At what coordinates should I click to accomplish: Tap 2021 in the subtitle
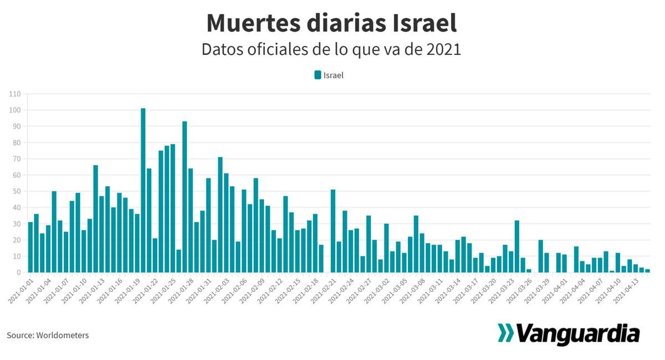(444, 49)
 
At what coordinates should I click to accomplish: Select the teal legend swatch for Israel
(318, 75)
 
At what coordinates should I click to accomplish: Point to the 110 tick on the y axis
(15, 94)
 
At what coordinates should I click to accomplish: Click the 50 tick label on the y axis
(17, 192)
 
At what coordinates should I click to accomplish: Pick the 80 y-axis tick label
(17, 143)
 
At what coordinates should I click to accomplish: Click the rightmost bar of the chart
(647, 271)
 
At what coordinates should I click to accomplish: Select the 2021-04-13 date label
(627, 290)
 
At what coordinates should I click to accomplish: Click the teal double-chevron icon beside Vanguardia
(505, 333)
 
